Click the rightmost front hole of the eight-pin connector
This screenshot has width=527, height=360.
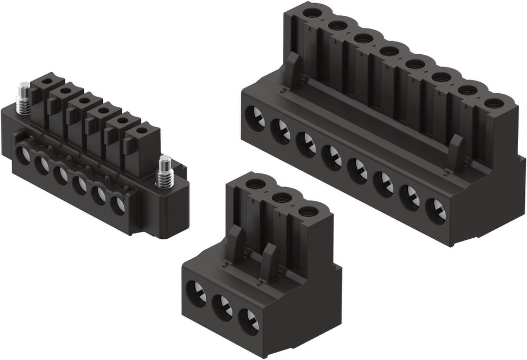coord(435,210)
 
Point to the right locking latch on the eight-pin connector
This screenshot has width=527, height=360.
coord(456,152)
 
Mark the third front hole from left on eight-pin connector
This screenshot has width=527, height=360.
coord(307,144)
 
